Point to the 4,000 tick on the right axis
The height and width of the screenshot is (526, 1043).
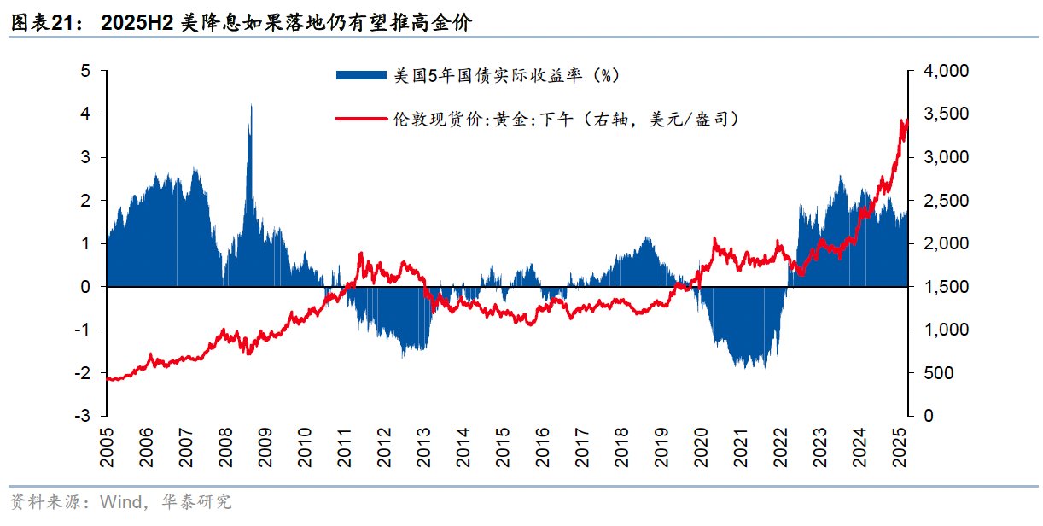[946, 71]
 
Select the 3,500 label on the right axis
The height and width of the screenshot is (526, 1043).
[946, 114]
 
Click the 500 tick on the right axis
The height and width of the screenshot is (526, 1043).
[937, 373]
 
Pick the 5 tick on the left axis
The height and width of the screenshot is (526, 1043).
[85, 71]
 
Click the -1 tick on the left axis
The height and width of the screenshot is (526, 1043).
[83, 330]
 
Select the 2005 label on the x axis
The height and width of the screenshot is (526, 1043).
[107, 447]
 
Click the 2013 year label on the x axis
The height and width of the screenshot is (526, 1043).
[424, 447]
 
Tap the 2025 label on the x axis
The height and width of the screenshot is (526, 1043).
[900, 447]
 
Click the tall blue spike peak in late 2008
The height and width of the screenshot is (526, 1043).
[250, 106]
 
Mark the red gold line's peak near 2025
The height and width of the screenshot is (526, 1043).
[903, 120]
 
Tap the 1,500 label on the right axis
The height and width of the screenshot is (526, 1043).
[946, 287]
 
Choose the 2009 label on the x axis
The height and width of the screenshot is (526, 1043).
[265, 447]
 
